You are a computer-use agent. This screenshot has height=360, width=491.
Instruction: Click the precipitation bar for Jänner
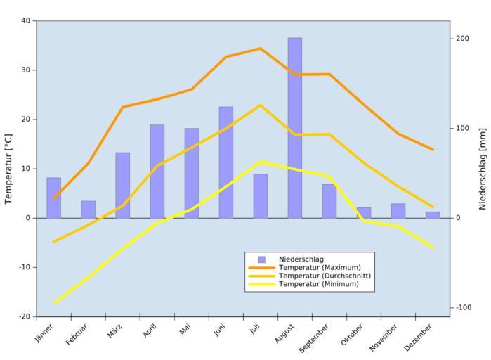coord(53,198)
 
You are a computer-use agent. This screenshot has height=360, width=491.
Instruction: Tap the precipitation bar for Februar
coord(88,210)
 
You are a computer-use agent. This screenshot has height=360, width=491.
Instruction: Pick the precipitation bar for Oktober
coord(364,212)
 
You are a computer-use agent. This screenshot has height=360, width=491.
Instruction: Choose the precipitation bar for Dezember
coord(433,214)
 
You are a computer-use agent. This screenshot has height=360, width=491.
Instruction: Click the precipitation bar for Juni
coord(225,162)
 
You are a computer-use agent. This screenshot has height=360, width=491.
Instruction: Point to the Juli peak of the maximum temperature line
coord(260,49)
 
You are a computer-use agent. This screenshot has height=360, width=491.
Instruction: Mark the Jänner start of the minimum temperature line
coord(54,303)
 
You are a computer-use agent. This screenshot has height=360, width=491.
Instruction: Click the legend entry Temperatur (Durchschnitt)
coord(324,276)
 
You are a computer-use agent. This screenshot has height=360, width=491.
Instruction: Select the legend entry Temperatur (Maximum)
coord(320,267)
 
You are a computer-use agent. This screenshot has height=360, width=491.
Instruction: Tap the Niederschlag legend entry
coord(301,259)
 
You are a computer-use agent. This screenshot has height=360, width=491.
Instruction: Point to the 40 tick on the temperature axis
coord(25,20)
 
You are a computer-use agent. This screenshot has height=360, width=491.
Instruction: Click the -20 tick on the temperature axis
coord(24,316)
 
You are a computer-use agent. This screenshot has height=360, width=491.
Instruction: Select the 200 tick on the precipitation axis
coord(461,38)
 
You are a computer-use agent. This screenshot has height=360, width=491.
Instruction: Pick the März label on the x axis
coord(115,330)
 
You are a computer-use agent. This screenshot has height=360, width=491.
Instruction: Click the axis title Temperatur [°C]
coord(9,169)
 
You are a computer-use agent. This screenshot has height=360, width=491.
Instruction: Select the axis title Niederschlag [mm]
coord(483,169)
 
